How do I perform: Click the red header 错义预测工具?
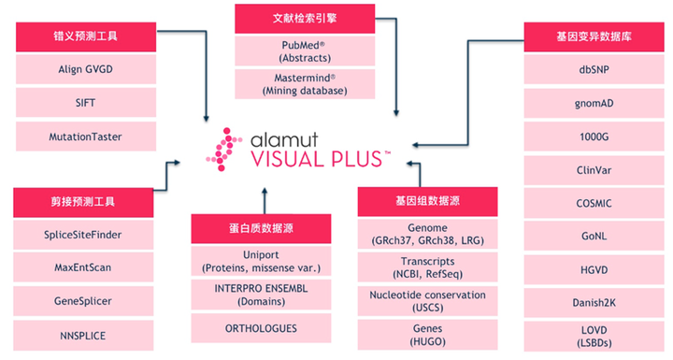(x=85, y=38)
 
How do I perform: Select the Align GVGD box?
(x=85, y=69)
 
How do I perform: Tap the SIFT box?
(x=85, y=103)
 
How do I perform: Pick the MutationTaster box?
(x=85, y=137)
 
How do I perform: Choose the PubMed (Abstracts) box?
(x=304, y=50)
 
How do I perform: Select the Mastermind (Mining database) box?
(x=304, y=84)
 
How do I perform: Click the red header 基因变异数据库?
(x=594, y=38)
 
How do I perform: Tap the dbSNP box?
(x=594, y=69)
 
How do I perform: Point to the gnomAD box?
(x=594, y=103)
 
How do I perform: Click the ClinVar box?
(x=594, y=169)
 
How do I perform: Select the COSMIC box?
(x=594, y=202)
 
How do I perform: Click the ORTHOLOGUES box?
(x=261, y=328)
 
